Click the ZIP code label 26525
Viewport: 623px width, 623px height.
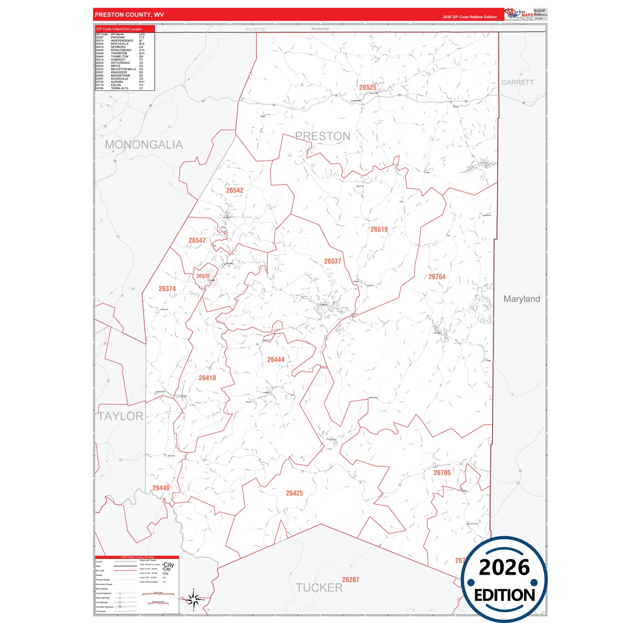[368, 88]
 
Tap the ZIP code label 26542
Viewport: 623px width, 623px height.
[235, 191]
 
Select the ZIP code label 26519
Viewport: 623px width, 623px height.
[379, 229]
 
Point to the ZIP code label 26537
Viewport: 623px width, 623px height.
[332, 261]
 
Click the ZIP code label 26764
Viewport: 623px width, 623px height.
[437, 277]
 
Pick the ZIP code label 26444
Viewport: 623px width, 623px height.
[275, 360]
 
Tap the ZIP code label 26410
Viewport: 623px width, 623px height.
[207, 378]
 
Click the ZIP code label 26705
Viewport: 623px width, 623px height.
[442, 473]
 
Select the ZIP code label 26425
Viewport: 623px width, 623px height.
[294, 493]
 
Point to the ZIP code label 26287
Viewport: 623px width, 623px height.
[351, 580]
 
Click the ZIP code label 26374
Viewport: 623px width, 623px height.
[167, 289]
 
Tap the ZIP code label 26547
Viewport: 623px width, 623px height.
[197, 241]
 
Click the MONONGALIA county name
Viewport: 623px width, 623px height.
[144, 145]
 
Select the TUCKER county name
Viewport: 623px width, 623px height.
[319, 588]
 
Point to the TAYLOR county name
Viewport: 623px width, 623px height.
[121, 416]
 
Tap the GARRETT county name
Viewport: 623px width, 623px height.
[517, 82]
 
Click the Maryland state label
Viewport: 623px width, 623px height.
[522, 299]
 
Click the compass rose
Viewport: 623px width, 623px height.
[194, 599]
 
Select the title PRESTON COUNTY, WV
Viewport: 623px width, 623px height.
[129, 15]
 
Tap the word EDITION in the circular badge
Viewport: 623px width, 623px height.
[504, 595]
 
